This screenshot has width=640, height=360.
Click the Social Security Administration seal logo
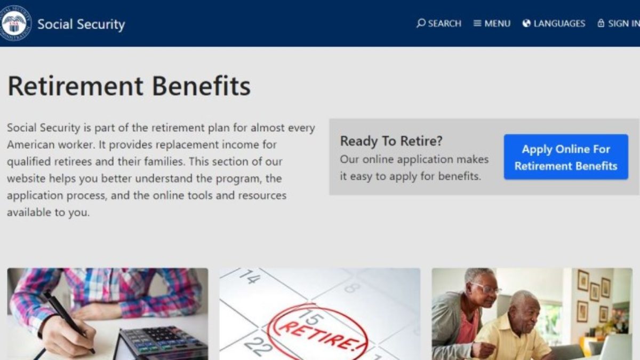point(15,23)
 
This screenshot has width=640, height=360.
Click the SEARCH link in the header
point(439,23)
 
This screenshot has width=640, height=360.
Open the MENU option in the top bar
point(492,23)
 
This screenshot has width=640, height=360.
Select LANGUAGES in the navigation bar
point(554,23)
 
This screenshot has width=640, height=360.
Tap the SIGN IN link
point(619,23)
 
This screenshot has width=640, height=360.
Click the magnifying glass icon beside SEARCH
point(421,23)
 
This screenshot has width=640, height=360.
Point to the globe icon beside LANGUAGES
point(526,23)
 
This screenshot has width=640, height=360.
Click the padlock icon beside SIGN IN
point(601,23)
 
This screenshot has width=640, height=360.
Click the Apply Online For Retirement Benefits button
point(566,157)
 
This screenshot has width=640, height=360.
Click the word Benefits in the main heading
point(202,86)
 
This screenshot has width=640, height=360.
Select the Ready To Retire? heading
point(391,141)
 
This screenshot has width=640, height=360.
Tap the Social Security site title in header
point(81,24)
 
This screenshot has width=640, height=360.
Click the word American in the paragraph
point(31,145)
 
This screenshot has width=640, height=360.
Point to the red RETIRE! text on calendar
point(318,335)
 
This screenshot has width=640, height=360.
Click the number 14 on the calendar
point(250,277)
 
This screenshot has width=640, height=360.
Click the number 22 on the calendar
point(258,347)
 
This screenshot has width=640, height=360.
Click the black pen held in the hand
point(68,321)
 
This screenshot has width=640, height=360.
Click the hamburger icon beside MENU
point(477,23)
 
